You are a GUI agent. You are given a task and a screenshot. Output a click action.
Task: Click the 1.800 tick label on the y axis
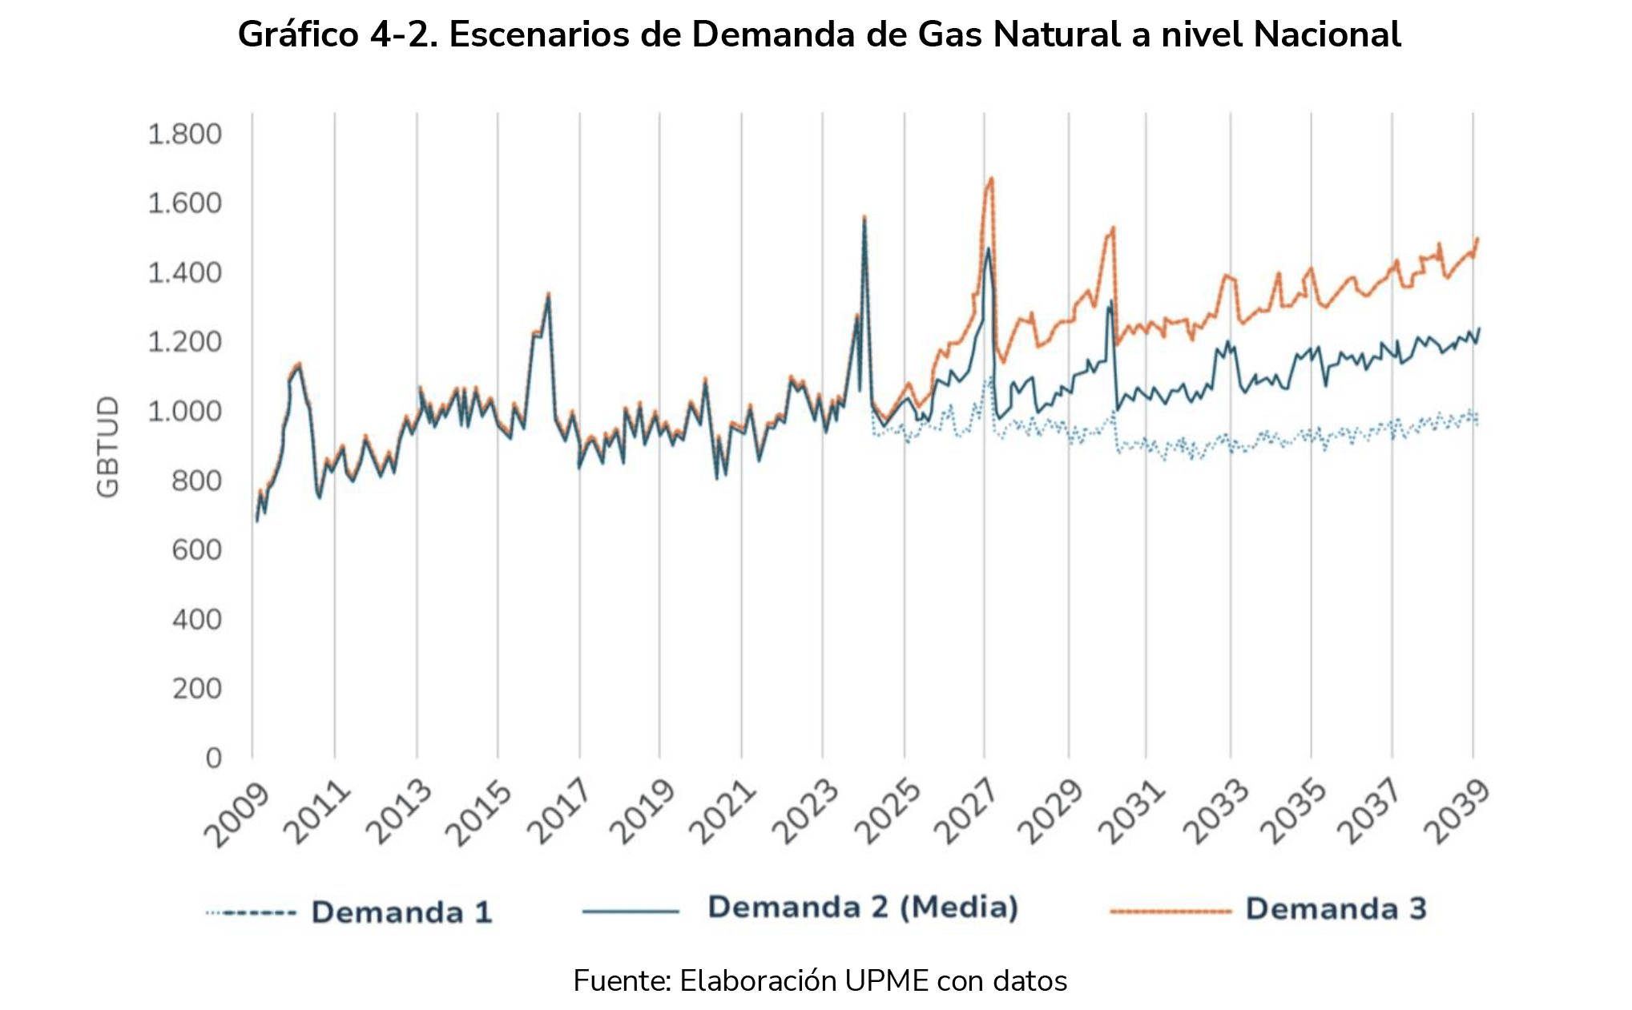tap(184, 134)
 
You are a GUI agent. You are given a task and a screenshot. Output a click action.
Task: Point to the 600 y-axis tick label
tap(196, 550)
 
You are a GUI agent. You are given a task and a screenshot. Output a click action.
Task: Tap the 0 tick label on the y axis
tap(213, 758)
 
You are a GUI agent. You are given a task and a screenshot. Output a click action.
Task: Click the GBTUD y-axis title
tap(108, 446)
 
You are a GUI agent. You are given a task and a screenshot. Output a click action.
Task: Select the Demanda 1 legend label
tap(401, 912)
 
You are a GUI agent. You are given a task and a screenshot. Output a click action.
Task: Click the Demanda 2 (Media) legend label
tap(863, 907)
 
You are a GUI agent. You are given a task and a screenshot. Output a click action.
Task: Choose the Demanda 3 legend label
tap(1336, 909)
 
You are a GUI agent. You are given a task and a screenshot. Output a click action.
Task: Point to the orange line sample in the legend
tap(1170, 911)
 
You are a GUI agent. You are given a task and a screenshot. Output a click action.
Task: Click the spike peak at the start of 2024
tap(864, 216)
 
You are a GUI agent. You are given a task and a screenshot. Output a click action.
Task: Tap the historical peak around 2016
tap(548, 294)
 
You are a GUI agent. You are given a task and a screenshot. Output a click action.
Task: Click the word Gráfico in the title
tap(298, 34)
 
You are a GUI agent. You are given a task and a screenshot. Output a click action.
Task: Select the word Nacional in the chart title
tap(1327, 34)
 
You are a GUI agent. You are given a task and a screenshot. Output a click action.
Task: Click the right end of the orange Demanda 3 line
tap(1477, 238)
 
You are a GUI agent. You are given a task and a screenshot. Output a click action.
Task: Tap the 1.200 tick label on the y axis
tap(184, 342)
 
